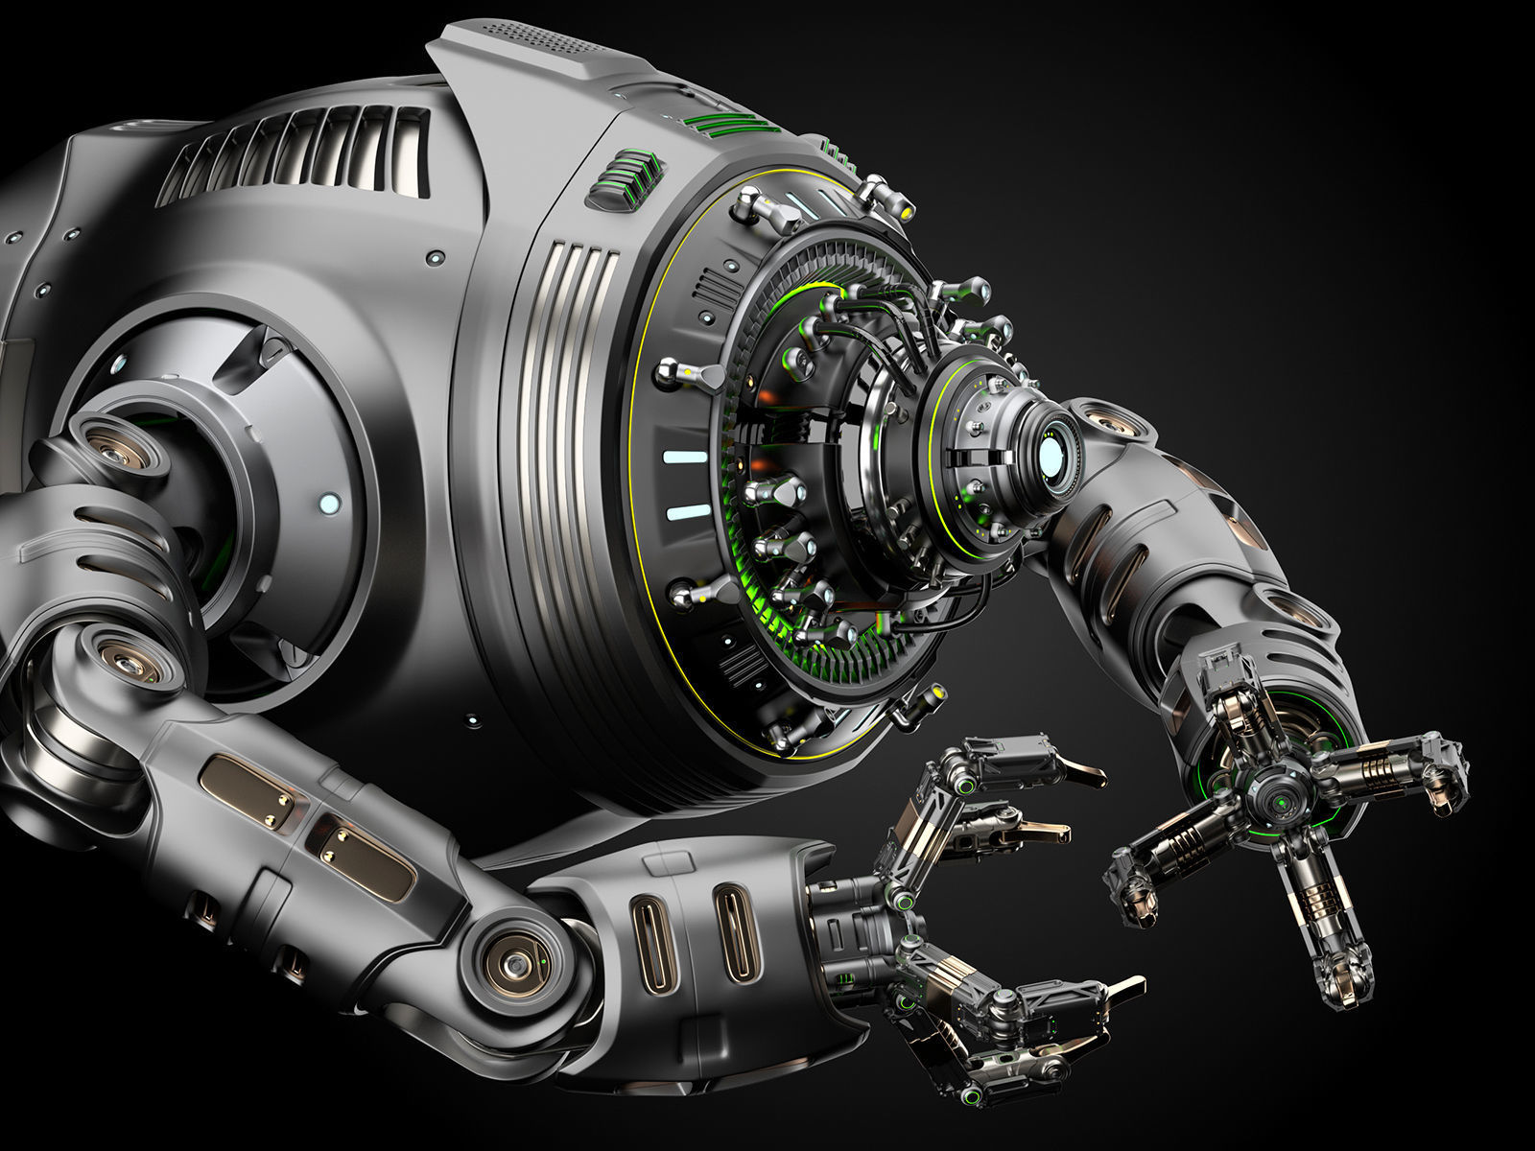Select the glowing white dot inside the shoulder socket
tap(328, 503)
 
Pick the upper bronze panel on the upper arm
tap(247, 790)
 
